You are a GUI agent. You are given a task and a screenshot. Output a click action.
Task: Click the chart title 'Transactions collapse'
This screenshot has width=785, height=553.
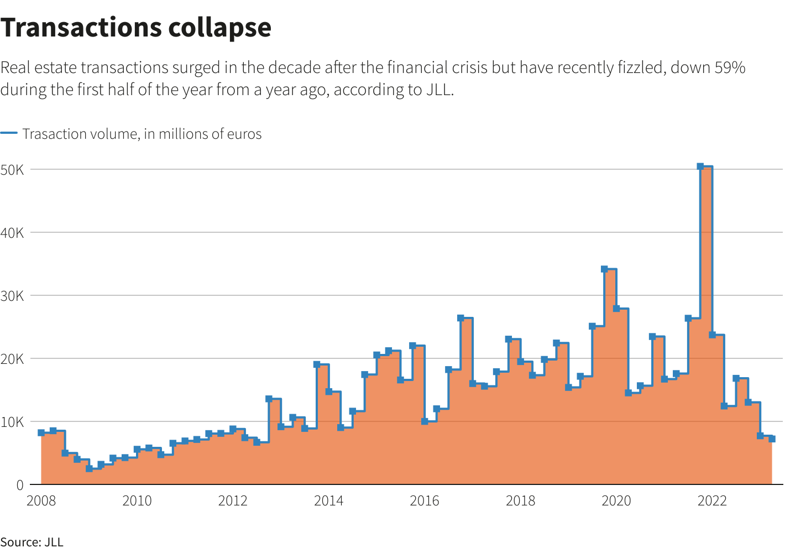[x=135, y=28]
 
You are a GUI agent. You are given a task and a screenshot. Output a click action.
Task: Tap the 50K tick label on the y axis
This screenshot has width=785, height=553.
[x=12, y=170]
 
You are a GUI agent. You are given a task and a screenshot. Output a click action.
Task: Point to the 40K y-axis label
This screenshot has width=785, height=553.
[x=12, y=233]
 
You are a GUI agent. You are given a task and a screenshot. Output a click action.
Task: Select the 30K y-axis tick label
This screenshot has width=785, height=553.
[x=12, y=296]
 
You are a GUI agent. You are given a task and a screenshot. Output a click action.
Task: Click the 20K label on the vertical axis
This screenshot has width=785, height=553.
[x=12, y=359]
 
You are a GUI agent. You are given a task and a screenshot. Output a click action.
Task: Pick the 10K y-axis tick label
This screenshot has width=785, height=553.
[x=12, y=422]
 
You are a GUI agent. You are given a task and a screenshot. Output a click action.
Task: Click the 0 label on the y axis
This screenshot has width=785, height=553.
[x=20, y=485]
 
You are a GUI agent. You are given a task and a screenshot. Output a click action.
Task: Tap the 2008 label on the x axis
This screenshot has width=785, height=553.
[x=41, y=501]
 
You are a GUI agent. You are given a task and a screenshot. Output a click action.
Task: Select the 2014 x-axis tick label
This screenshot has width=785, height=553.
[x=328, y=501]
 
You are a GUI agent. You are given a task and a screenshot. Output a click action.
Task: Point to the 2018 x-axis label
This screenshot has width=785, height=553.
[x=520, y=501]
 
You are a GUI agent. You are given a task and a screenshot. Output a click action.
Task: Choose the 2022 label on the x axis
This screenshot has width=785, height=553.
[x=712, y=501]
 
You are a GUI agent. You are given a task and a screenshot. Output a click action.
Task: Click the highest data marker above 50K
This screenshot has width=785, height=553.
[x=700, y=166]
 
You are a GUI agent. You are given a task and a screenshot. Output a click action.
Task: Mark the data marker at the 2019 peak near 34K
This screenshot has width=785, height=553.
[x=604, y=269]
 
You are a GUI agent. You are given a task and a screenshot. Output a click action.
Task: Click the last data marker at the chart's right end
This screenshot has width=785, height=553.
[x=772, y=439]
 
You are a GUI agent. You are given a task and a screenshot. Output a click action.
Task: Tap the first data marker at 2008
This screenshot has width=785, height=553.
[x=41, y=432]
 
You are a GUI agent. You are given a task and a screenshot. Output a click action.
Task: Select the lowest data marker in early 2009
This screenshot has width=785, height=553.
[x=89, y=468]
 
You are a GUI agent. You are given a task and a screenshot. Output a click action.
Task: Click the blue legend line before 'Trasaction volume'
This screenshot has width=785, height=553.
[x=9, y=133]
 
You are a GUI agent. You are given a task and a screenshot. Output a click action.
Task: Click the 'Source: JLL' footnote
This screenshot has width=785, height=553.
[x=32, y=542]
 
